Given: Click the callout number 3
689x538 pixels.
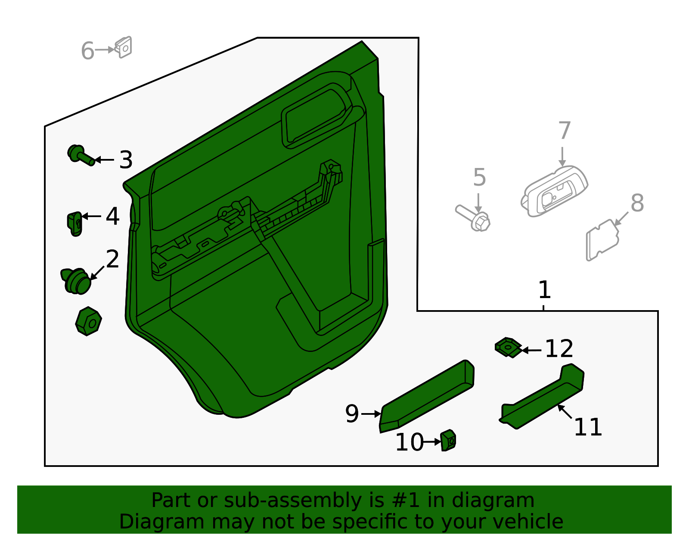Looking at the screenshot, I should tap(126, 160).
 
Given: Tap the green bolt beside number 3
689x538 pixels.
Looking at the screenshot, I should tap(81, 155).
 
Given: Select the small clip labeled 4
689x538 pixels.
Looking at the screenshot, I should tap(75, 224).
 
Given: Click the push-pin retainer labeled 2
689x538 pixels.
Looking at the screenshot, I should tap(76, 281).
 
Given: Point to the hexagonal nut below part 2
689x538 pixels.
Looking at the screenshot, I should tap(88, 321).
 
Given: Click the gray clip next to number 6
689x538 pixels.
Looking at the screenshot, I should tap(124, 47).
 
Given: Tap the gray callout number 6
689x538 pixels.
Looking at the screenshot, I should tap(87, 51).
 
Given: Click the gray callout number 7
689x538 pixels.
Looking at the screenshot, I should tap(564, 131).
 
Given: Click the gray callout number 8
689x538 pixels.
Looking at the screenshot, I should tap(637, 203).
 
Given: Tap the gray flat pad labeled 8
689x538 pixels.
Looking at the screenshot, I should tap(602, 239).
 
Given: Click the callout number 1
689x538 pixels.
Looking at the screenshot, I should tap(544, 290).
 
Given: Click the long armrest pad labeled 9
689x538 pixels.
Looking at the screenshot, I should tap(426, 396).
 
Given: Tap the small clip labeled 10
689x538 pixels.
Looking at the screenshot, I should tap(448, 440).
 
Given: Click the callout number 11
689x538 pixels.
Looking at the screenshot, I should tap(588, 427).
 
